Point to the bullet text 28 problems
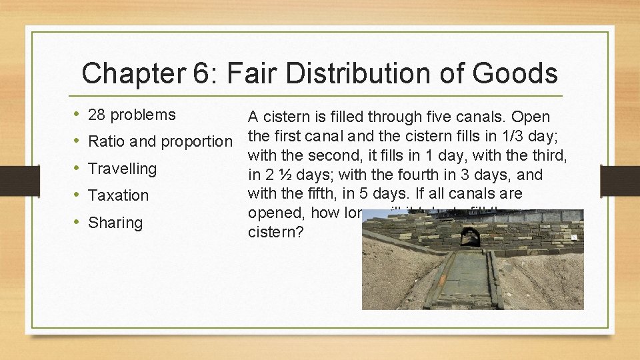(x=131, y=115)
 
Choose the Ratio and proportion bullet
(x=161, y=141)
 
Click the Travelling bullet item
(x=122, y=169)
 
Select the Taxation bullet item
(x=118, y=195)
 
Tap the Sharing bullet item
(x=115, y=223)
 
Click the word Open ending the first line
(x=532, y=117)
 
